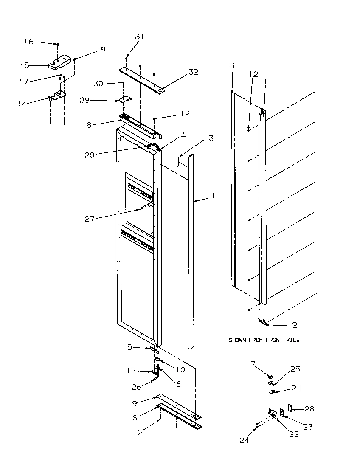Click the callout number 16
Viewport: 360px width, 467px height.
coord(28,42)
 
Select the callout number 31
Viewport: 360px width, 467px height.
coord(140,37)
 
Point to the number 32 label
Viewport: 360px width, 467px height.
coord(193,72)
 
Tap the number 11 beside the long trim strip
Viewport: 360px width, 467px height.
coord(216,196)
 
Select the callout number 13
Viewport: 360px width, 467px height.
coord(208,138)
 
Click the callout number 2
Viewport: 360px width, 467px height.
coord(294,325)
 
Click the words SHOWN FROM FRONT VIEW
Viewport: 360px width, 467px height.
coord(264,340)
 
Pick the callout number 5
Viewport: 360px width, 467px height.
coord(129,346)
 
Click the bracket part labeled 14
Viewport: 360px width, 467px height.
coord(58,96)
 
